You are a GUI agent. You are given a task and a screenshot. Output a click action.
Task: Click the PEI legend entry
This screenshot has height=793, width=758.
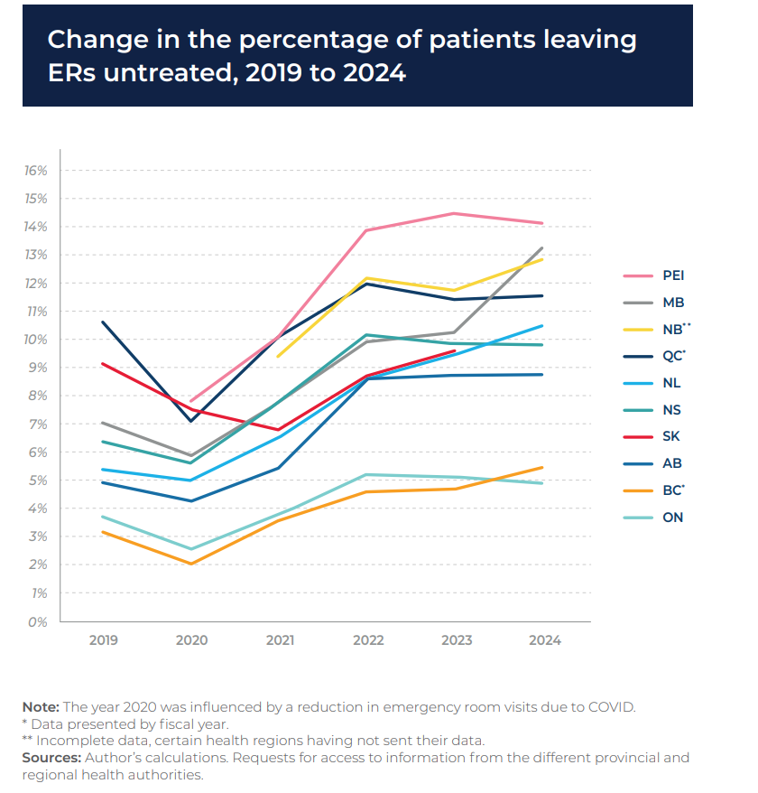[674, 275]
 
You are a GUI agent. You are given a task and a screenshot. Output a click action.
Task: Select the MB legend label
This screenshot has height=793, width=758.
[673, 303]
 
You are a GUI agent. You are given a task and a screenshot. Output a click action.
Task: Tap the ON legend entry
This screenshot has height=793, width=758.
[673, 518]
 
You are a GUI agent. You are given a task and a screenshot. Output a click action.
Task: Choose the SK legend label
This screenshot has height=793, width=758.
[671, 436]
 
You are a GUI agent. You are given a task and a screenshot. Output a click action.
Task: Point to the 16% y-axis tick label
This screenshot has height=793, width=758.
[35, 171]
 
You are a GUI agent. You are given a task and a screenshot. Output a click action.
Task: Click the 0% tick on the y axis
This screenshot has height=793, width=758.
[39, 622]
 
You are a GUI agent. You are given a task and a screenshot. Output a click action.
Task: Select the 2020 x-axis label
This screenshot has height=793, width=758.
[191, 640]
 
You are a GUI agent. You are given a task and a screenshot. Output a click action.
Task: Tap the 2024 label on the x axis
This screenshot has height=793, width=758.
[544, 640]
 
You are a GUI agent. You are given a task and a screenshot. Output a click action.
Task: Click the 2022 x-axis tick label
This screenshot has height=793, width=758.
[367, 640]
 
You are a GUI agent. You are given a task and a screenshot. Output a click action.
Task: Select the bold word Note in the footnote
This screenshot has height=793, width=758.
[40, 707]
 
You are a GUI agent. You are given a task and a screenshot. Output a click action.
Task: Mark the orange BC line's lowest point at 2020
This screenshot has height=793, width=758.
[191, 564]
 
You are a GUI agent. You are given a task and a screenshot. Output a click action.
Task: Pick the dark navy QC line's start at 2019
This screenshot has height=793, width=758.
[103, 322]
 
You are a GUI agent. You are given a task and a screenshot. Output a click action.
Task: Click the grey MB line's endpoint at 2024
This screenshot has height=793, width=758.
[542, 247]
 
